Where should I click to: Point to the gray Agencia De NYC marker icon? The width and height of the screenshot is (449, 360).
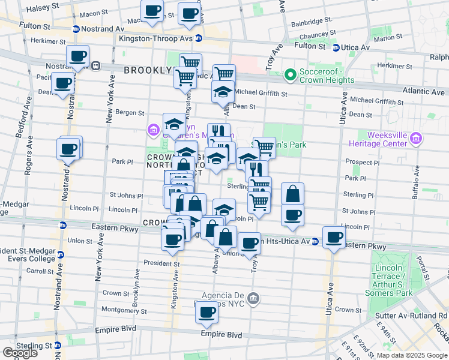coord(253,298)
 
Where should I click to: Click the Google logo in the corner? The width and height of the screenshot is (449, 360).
coord(19,353)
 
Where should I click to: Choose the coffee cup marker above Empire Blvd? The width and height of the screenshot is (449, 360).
coord(207,311)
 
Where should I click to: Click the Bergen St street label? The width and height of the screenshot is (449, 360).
coord(130,112)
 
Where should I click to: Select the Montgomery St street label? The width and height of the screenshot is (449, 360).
coord(125,311)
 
